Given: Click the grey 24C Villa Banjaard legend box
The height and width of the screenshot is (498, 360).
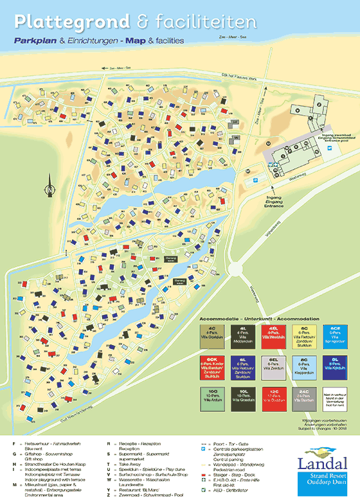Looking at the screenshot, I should coord(305,398).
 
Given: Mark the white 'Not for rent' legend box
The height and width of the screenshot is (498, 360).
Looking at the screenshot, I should coord(336,398).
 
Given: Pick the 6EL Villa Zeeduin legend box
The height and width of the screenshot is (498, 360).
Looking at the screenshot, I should coord(274,367).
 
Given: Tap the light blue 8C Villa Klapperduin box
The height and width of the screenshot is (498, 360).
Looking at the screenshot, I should coord(305,367).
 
